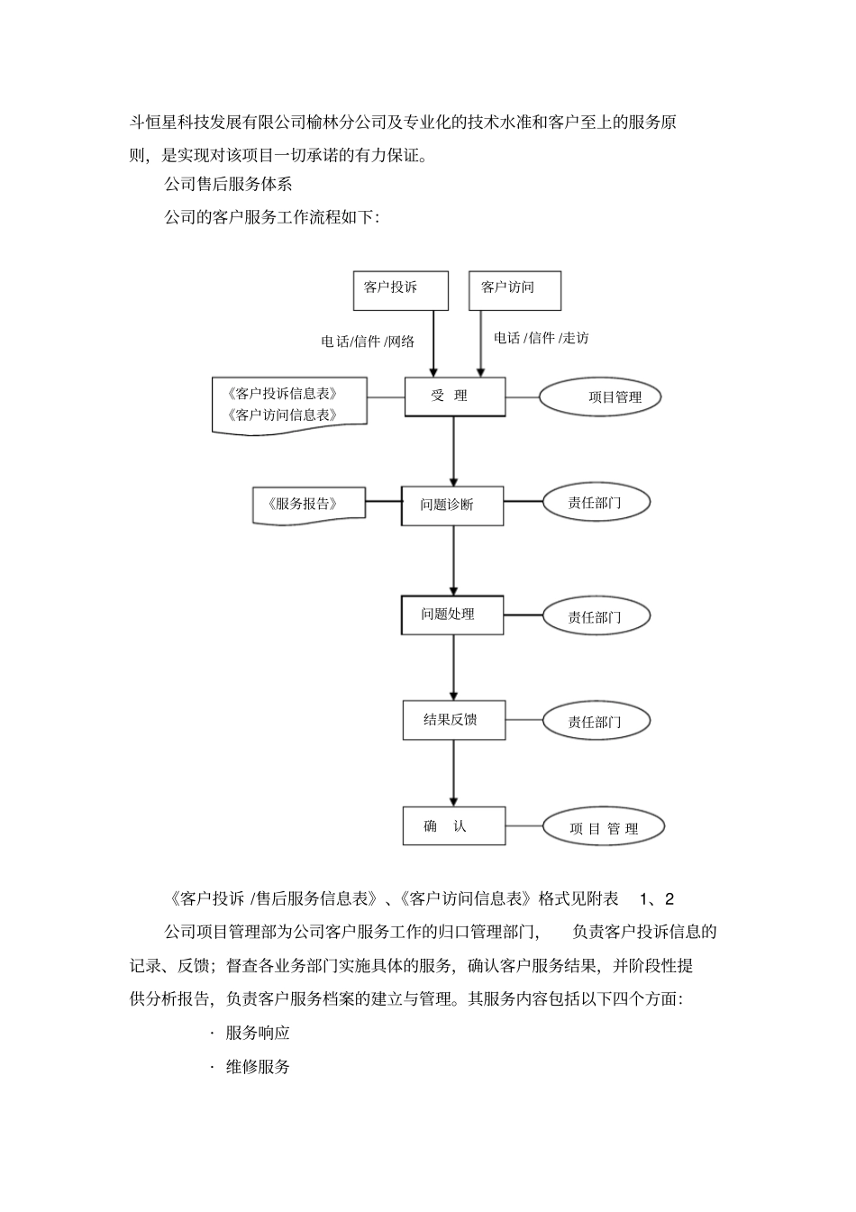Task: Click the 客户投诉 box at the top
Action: coord(400,290)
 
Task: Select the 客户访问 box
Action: coord(515,290)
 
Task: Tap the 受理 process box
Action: coord(454,396)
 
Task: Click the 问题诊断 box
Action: coord(451,505)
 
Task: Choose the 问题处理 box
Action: coord(451,615)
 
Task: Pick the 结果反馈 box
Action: coord(452,720)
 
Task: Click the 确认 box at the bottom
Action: coord(452,825)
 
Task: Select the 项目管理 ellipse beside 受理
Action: coord(600,396)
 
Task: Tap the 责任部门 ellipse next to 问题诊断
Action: coord(596,503)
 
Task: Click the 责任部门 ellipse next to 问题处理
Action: coord(596,617)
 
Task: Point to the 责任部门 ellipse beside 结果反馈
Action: coord(596,722)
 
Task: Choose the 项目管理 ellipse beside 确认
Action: coord(603,828)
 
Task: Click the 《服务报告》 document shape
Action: coord(307,504)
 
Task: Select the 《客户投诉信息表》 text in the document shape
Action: coord(284,394)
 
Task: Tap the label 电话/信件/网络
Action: coord(369,342)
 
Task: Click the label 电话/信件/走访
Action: coord(541,338)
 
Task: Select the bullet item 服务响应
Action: coord(258,1033)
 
